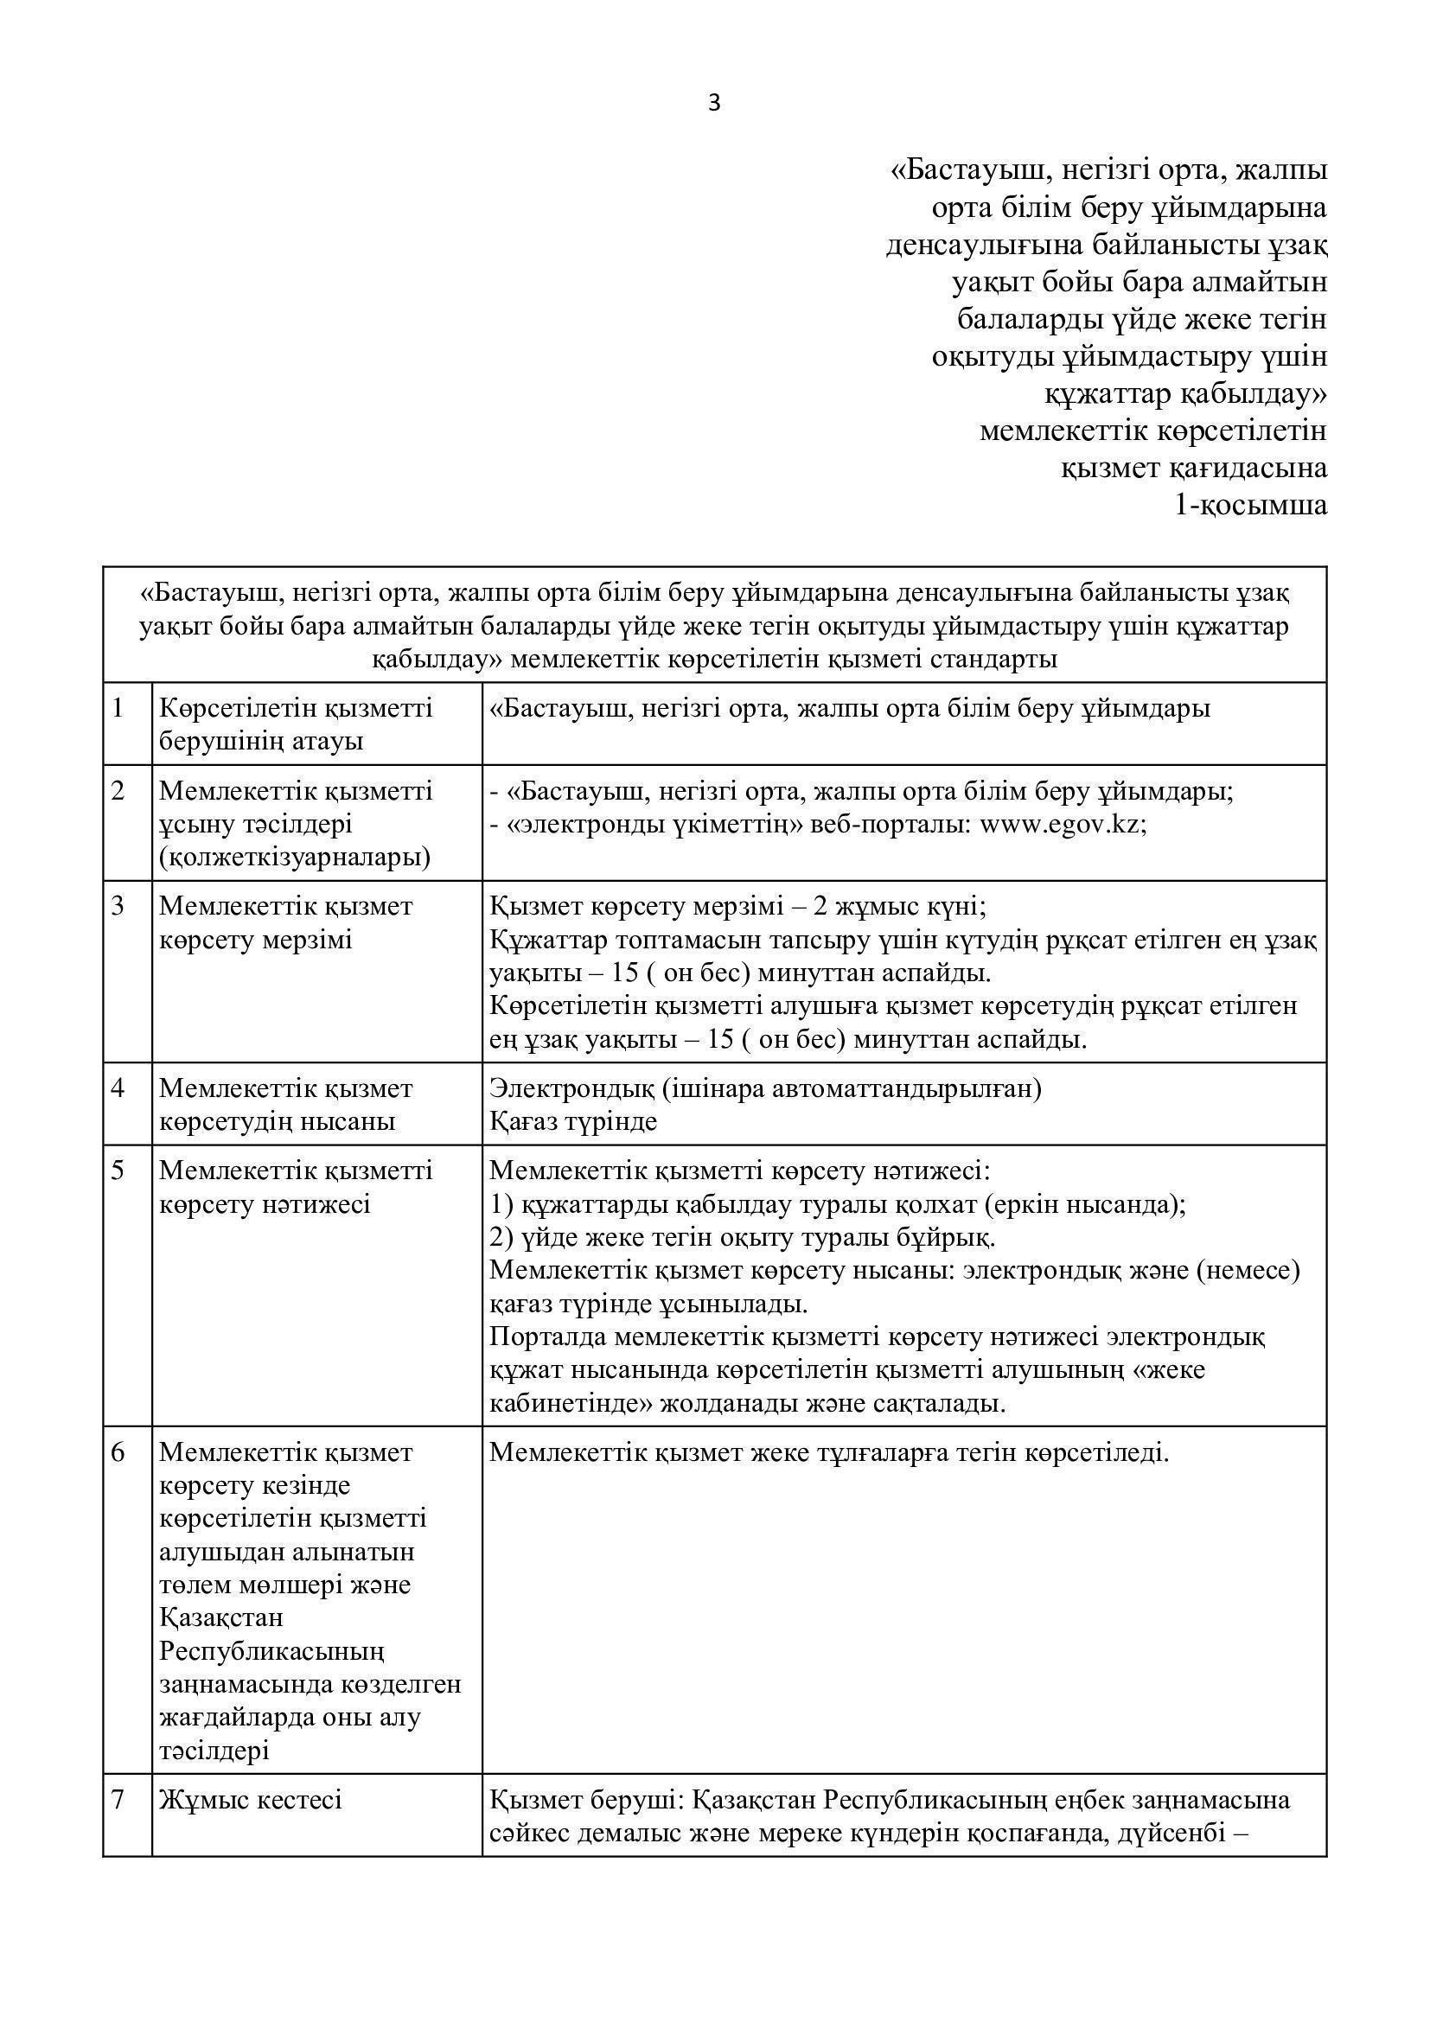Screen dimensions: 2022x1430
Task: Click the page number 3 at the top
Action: (x=713, y=104)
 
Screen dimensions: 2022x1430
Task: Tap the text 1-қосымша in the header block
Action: (x=1250, y=506)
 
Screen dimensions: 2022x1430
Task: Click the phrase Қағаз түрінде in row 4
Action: (x=573, y=1121)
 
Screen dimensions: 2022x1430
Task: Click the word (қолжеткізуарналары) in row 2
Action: (x=295, y=858)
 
